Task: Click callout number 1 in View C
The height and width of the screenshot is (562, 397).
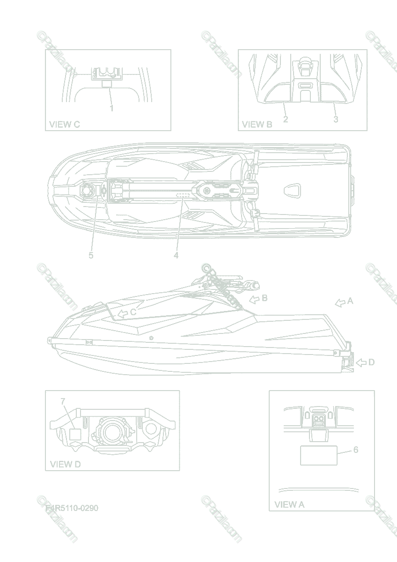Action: click(111, 108)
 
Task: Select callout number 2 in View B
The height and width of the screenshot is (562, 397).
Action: click(286, 119)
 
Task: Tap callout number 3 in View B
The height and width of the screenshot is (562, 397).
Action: click(336, 119)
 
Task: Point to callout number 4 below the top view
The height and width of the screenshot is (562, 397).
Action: click(176, 255)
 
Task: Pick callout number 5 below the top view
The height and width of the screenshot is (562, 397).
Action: click(91, 255)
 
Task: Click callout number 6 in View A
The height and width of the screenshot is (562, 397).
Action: click(356, 450)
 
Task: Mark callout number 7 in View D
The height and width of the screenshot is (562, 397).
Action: click(63, 401)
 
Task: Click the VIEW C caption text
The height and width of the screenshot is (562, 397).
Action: click(65, 125)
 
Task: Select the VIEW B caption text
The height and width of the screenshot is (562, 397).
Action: click(257, 125)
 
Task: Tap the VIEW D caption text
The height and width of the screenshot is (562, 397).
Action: click(66, 464)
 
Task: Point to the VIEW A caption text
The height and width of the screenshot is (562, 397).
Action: click(289, 504)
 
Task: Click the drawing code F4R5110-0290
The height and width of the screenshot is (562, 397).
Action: click(72, 508)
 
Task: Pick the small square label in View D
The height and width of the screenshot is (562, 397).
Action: click(76, 434)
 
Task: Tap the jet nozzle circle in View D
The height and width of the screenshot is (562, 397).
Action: click(111, 431)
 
